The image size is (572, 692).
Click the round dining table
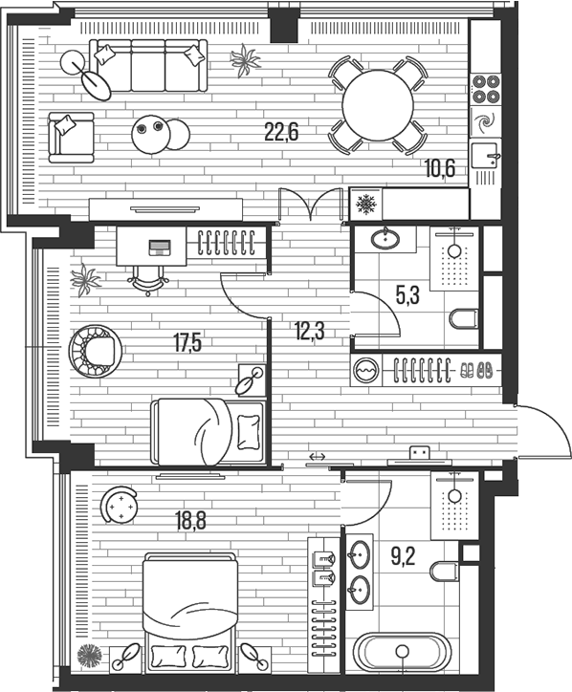point(378,105)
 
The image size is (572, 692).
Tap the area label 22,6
point(281,132)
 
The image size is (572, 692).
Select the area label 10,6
point(439,168)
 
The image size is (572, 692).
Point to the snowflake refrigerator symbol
point(365,204)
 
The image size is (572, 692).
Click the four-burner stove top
point(485,89)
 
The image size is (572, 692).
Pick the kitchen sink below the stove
point(485,156)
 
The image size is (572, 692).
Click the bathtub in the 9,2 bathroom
point(402,651)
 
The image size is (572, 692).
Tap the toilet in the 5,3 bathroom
point(464,318)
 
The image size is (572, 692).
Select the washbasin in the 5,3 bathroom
point(385,239)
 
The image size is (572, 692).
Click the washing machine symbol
point(366,370)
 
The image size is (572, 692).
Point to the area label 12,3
point(309,331)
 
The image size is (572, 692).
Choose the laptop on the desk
point(160,248)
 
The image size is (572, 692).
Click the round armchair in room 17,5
point(96,352)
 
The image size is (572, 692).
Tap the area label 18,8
point(190,521)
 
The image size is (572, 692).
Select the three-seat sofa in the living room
point(148,65)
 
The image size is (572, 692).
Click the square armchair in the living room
point(71,138)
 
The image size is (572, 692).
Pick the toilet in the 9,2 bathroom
point(445,572)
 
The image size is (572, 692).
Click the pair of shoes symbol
point(476,370)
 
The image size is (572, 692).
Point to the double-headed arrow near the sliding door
point(318,457)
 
